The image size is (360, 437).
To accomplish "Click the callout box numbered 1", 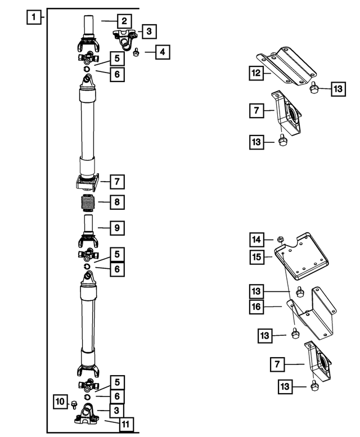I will (x=35, y=17).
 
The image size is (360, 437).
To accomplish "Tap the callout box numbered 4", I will (x=161, y=53).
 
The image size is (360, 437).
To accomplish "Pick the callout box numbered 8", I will (x=117, y=202).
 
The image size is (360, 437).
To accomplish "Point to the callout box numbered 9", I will (x=117, y=228).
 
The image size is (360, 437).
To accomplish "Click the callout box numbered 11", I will (x=125, y=423).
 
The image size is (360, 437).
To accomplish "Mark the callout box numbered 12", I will (x=256, y=73).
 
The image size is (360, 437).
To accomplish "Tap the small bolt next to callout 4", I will (x=137, y=53).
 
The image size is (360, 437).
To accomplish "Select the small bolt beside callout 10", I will (x=74, y=403).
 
